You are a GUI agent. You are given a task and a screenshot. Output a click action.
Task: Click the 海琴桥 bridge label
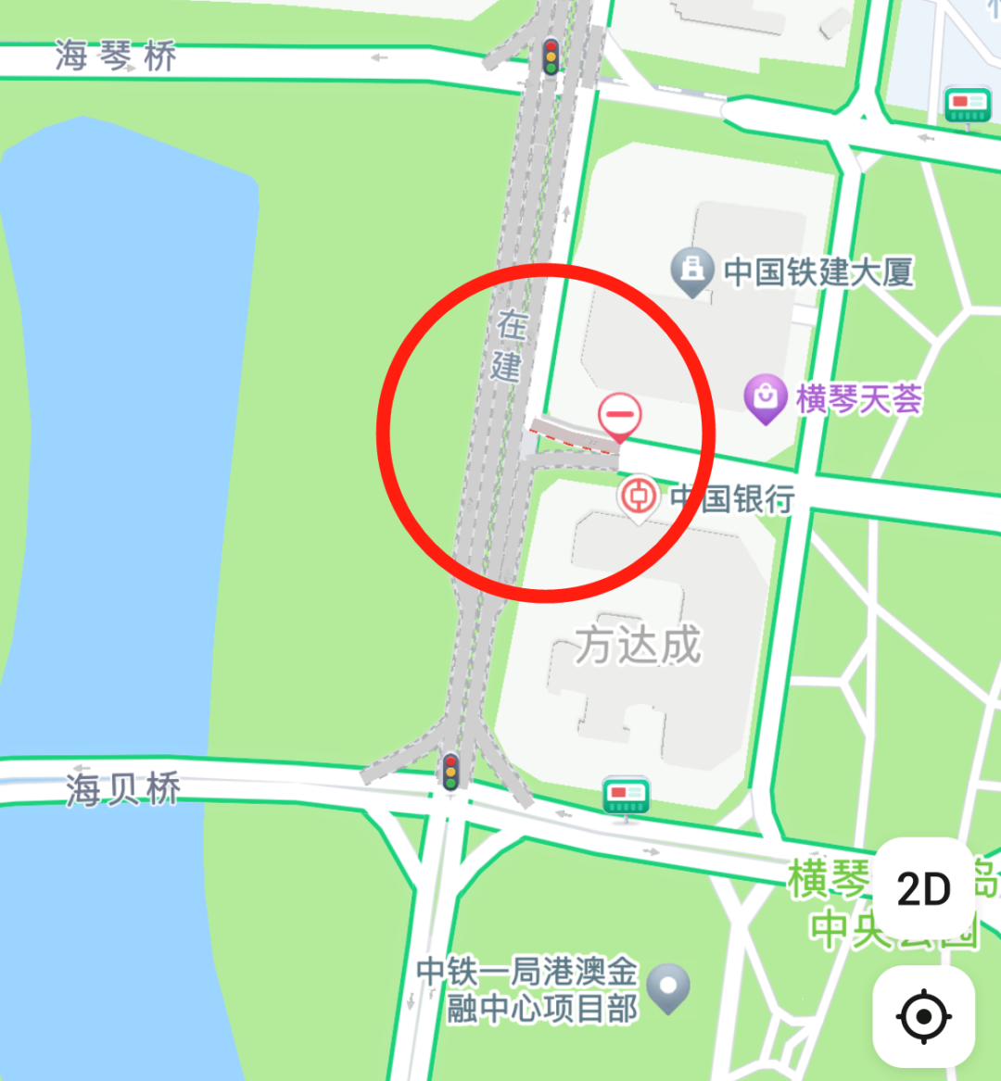[x=116, y=57]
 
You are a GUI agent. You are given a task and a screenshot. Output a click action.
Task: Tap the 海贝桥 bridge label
[x=123, y=790]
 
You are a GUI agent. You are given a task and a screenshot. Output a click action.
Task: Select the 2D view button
[x=924, y=889]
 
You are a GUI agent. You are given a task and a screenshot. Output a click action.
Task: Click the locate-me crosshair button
[x=923, y=1016]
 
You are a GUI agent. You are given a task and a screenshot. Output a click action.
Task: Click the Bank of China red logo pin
[x=638, y=497]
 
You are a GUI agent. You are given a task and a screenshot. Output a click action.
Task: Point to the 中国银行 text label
[x=732, y=498]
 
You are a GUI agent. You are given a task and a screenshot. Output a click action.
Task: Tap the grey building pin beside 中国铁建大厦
[x=691, y=270]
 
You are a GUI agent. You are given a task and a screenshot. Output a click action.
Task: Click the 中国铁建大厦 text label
[x=819, y=272]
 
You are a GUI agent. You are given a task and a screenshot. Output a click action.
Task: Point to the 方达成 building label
[x=638, y=644]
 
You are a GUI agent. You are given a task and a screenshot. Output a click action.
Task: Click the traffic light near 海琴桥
[x=551, y=57]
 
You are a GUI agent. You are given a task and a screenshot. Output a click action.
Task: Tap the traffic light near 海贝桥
[x=450, y=772]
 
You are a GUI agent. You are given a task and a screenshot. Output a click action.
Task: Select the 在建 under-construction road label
[x=508, y=346]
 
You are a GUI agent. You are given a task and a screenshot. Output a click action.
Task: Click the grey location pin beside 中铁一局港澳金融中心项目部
[x=668, y=987]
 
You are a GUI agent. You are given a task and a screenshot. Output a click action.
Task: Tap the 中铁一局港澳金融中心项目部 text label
[x=528, y=989]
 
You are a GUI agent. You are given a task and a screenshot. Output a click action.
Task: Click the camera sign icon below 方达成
[x=626, y=796]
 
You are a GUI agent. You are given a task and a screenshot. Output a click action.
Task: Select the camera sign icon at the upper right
[x=968, y=105]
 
